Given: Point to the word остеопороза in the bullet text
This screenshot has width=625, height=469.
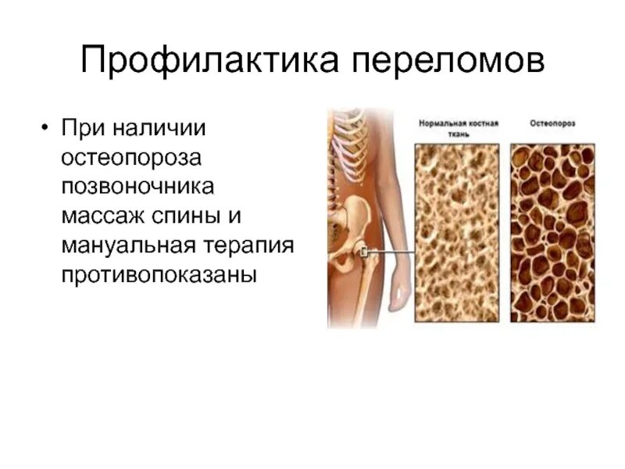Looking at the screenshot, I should point(132,157).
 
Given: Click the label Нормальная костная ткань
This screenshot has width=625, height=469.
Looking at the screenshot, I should point(459,128).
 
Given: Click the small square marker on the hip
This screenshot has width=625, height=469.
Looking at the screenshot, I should point(363,251).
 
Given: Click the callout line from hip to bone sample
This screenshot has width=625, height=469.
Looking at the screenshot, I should point(391,251).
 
